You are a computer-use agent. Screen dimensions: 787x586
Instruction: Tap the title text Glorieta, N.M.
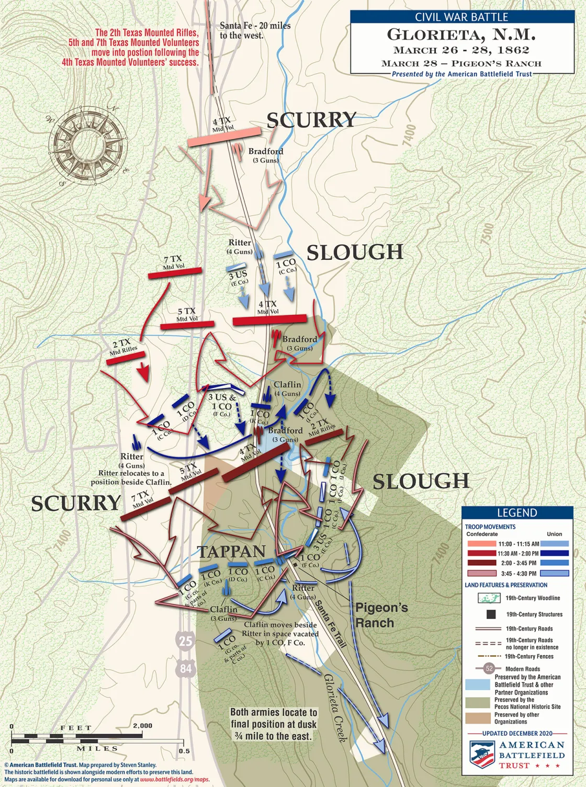[x=461, y=35]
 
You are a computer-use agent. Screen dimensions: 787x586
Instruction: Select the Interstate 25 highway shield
[x=186, y=640]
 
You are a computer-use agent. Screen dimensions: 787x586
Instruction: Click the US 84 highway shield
[x=186, y=668]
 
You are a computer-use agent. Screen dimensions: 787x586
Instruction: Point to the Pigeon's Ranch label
[x=381, y=615]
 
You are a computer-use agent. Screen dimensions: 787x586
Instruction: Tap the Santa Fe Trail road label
[x=330, y=624]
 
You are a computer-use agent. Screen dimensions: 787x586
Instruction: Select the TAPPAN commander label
[x=232, y=552]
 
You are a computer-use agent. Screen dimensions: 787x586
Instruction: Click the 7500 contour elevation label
[x=487, y=233]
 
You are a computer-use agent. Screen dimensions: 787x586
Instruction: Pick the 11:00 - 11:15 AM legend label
[x=518, y=544]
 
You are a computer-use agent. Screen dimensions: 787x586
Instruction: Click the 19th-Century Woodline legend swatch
[x=489, y=598]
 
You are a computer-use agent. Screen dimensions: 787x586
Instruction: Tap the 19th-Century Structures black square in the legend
[x=491, y=614]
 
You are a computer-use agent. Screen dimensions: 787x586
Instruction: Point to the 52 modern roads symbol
[x=489, y=668]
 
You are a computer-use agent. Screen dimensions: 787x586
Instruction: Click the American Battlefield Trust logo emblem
[x=481, y=755]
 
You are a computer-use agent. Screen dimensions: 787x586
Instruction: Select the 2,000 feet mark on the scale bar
[x=142, y=726]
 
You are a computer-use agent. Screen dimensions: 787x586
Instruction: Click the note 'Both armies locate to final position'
[x=274, y=724]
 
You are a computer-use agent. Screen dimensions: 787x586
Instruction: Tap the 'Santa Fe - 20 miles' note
[x=255, y=30]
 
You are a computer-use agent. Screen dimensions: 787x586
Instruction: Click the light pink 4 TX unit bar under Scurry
[x=223, y=136]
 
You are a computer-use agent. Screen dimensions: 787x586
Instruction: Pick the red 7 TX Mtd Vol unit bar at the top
[x=174, y=272]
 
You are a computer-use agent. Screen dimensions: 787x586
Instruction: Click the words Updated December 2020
[x=517, y=733]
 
